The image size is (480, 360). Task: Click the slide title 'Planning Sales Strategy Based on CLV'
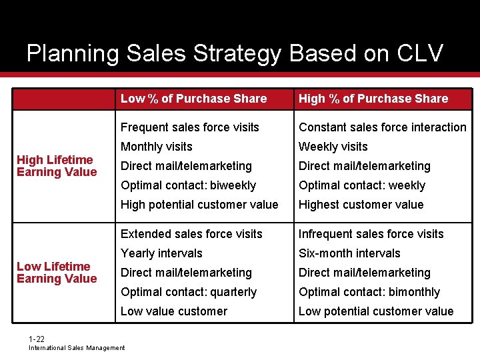[235, 53]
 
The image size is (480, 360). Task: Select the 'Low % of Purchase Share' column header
[193, 99]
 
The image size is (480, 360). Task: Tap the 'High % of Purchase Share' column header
[373, 99]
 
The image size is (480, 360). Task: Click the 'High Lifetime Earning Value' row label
[57, 166]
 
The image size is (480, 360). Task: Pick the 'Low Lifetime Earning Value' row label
[57, 273]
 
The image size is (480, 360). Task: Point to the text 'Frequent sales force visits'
[189, 127]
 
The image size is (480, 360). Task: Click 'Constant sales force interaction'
[382, 127]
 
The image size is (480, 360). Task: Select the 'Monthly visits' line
[156, 147]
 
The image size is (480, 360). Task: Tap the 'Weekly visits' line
[333, 147]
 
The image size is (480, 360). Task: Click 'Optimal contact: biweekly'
[188, 185]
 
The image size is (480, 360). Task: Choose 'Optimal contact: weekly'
[361, 185]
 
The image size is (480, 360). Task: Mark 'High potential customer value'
[199, 205]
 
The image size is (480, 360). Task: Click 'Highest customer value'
[361, 205]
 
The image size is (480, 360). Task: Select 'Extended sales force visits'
[191, 234]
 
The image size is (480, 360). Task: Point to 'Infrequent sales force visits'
[371, 234]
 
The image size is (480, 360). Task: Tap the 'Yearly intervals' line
[161, 253]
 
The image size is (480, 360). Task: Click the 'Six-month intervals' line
[349, 253]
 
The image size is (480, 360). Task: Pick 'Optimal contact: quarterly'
[189, 292]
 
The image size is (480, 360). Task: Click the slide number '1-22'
[37, 339]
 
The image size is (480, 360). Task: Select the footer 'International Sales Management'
[77, 348]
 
